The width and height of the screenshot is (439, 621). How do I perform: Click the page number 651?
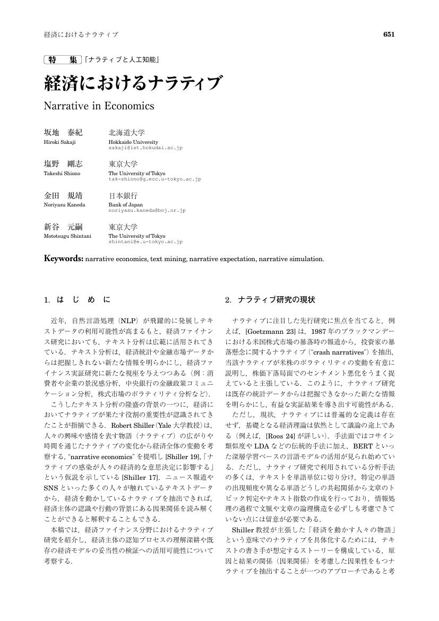pos(389,34)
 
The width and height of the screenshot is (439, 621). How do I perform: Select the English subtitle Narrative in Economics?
pos(99,106)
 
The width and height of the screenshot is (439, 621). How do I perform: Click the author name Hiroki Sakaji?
pos(59,142)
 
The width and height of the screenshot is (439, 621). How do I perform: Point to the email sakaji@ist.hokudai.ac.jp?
pos(145,148)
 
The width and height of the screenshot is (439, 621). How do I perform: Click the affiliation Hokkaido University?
pos(133,142)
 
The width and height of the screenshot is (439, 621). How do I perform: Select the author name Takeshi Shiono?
pos(62,174)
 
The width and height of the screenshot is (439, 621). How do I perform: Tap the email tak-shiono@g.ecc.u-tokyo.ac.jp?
pos(154,179)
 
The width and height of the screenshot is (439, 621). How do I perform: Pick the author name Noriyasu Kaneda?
pos(64,204)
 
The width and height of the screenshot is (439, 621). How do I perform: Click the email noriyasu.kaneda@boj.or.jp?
pos(147,210)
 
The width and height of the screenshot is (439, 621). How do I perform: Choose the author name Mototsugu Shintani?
pos(67,236)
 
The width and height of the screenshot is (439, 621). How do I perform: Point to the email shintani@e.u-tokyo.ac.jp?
pos(145,241)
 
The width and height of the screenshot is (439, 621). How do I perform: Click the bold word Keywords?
pos(64,259)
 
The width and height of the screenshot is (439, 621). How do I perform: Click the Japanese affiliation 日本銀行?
pos(123,195)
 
